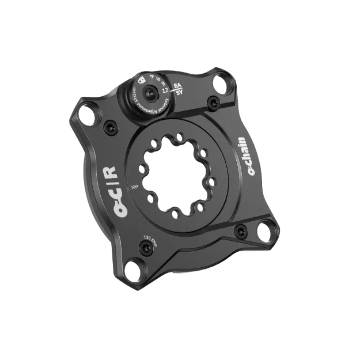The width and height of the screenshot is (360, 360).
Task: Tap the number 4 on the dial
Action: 151,75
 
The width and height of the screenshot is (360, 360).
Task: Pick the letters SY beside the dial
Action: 180,93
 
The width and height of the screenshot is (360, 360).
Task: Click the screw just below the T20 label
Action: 145,248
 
